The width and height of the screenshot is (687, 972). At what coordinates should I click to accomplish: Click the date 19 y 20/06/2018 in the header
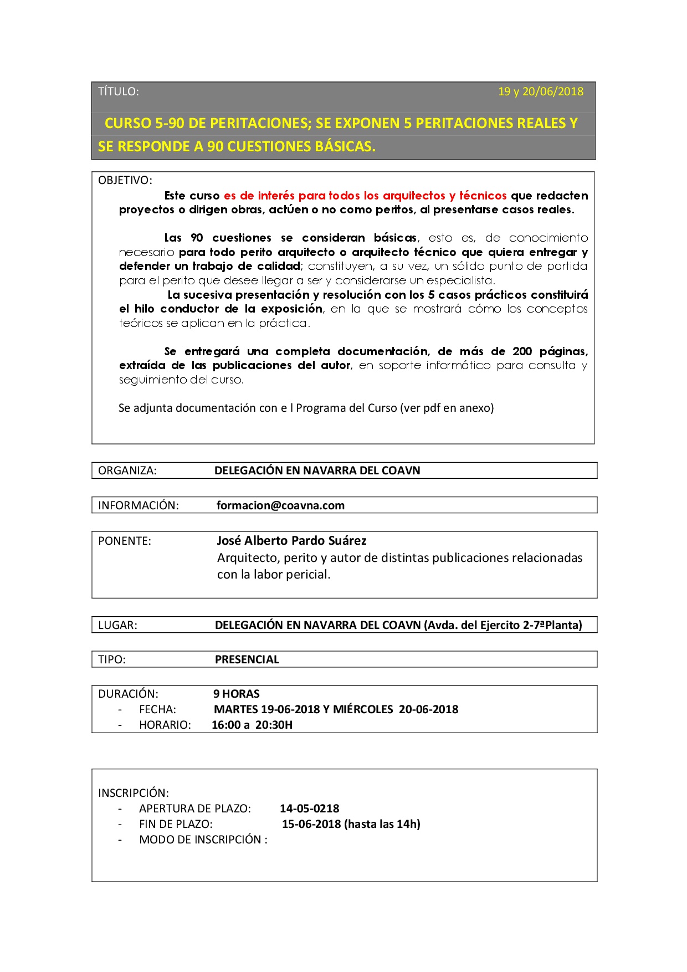coord(540,91)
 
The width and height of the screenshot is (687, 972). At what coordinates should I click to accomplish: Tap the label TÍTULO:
coord(118,91)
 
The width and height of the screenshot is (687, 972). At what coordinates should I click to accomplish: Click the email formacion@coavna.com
coord(280,505)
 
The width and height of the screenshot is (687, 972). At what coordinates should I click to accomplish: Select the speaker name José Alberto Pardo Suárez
coord(291,541)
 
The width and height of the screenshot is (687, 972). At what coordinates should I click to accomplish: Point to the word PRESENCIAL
coord(247,659)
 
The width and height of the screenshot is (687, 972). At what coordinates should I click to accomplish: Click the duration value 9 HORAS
coord(237,694)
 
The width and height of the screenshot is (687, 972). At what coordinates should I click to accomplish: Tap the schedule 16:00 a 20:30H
coord(252,725)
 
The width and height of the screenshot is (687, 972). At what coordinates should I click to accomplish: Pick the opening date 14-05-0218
coord(309,809)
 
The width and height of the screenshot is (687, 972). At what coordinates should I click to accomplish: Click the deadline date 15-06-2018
coord(311,824)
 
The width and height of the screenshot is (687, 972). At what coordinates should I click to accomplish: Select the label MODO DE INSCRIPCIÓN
coord(200,840)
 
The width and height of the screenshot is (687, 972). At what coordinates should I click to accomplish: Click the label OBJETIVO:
coord(125,180)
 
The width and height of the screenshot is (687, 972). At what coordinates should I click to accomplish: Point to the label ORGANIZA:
coord(127,470)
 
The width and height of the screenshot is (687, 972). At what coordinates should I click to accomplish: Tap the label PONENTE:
coord(124,541)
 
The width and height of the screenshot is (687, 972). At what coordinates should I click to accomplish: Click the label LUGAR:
coord(117,625)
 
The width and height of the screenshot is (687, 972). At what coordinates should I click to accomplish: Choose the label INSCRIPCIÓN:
coord(133,793)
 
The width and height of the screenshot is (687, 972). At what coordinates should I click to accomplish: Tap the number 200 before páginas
coord(522,351)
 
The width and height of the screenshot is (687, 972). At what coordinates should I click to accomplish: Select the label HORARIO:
coord(165,725)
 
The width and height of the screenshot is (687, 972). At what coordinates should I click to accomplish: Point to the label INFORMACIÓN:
coord(138,505)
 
